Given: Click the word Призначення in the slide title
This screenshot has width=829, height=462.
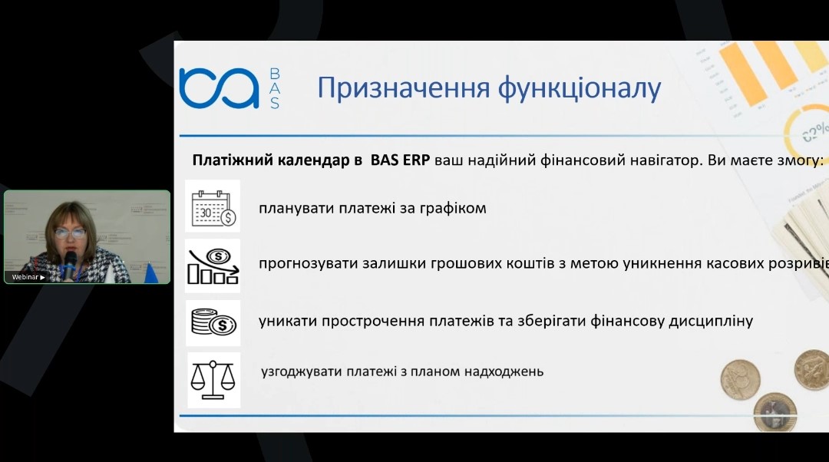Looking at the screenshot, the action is click(x=404, y=88).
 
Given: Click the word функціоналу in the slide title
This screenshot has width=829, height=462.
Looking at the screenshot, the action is click(x=580, y=89).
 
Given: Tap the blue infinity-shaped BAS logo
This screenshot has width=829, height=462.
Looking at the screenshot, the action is click(x=219, y=87).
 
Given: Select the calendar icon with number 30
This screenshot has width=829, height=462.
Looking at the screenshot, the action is click(x=213, y=206).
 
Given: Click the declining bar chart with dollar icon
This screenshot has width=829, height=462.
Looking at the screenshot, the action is click(x=213, y=266).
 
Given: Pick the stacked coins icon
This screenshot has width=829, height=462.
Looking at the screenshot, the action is click(x=213, y=322).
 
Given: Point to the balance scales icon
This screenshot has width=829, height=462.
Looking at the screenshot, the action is click(x=213, y=380).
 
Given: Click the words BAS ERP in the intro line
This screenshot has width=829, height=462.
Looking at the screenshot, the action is click(x=400, y=160).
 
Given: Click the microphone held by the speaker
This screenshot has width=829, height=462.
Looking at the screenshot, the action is click(x=70, y=262).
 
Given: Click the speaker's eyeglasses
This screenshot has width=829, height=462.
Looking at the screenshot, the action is click(x=70, y=233).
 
